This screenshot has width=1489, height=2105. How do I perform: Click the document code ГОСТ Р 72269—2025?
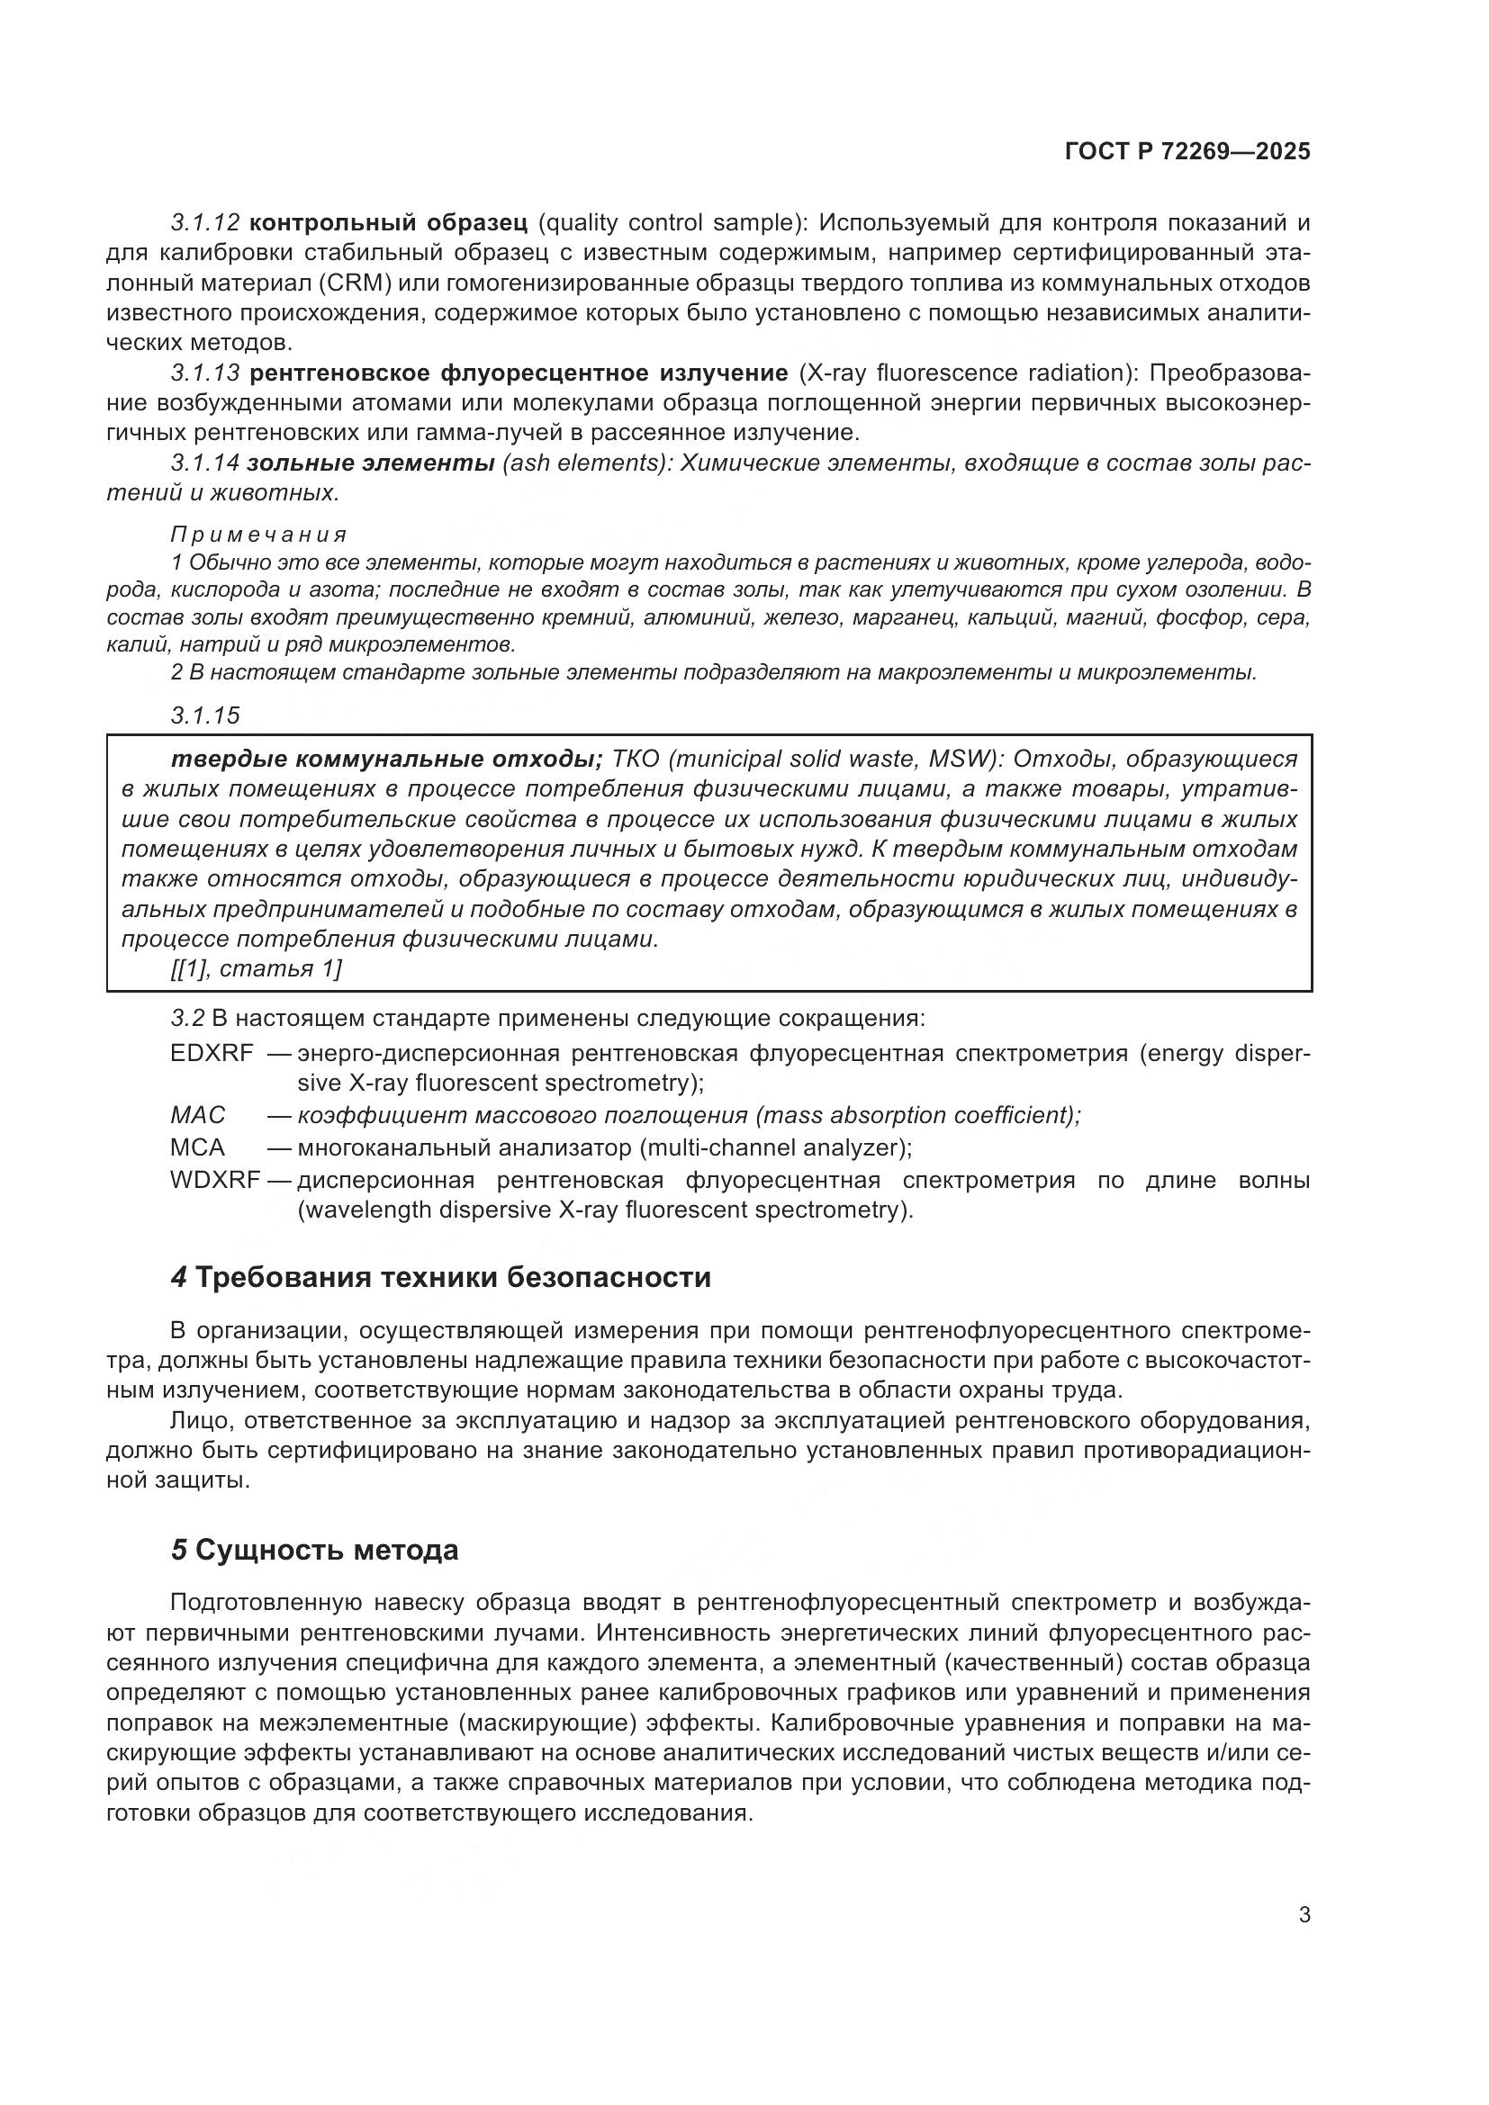(x=1187, y=152)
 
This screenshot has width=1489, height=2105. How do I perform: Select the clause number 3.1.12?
(x=205, y=223)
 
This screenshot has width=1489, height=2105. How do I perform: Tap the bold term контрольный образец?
(x=388, y=223)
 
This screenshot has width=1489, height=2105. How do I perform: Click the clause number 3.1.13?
(x=205, y=373)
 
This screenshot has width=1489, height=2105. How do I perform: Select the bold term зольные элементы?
(x=370, y=463)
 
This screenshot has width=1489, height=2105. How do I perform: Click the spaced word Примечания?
(x=258, y=535)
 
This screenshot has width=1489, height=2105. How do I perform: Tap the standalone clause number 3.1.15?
(x=205, y=715)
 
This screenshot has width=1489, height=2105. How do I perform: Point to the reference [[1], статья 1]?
(x=256, y=969)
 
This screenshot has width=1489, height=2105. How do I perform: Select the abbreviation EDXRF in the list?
(x=212, y=1054)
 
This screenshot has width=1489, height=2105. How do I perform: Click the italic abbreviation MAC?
(x=198, y=1115)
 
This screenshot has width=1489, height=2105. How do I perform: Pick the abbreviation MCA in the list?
(x=197, y=1147)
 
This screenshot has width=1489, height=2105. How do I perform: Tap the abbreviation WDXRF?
(x=215, y=1180)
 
